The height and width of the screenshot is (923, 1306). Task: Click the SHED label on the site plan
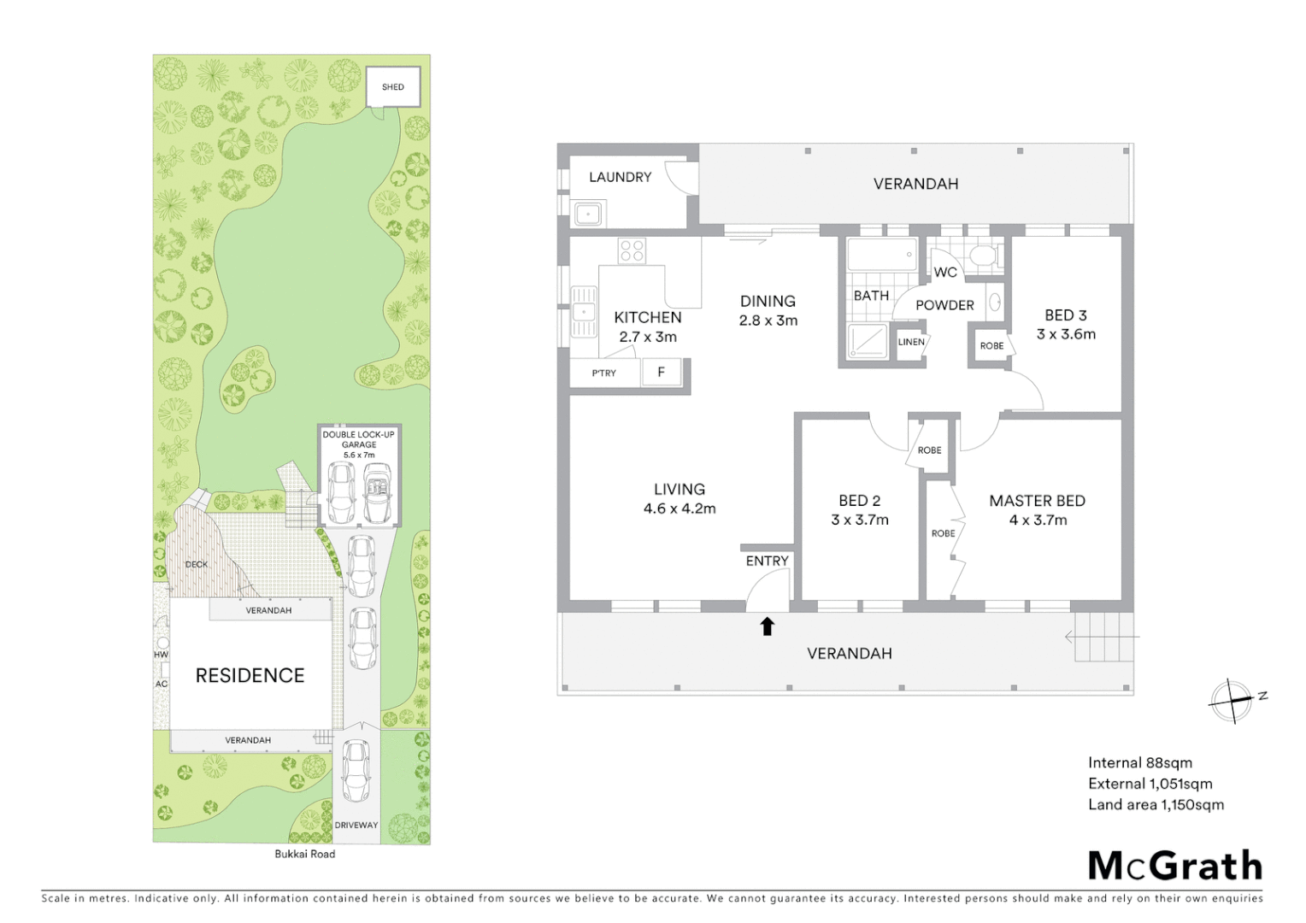393,87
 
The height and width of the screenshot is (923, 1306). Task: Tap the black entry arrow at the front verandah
767,626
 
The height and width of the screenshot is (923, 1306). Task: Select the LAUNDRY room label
620,177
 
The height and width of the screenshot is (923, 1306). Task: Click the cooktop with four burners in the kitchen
632,250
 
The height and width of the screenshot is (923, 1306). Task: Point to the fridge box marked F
661,373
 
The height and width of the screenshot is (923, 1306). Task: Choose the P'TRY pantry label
603,373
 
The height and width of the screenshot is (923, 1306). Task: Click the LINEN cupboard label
911,342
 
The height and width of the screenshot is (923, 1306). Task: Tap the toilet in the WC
983,256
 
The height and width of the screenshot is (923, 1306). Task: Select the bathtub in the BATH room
881,255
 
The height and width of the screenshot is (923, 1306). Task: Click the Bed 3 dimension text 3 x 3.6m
1066,334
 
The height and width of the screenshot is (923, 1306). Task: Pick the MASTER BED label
1037,501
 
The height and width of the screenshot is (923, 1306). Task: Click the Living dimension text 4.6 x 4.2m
679,509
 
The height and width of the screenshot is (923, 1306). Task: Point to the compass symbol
1232,701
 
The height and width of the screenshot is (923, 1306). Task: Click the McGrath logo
1174,866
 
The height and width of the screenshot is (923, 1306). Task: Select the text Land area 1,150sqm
1156,804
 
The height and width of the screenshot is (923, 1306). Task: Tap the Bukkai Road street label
304,854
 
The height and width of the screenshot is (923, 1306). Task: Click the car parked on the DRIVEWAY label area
356,769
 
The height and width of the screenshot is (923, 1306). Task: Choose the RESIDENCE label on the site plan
250,675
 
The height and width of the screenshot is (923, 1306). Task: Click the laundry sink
588,214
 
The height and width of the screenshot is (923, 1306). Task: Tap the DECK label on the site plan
197,564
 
